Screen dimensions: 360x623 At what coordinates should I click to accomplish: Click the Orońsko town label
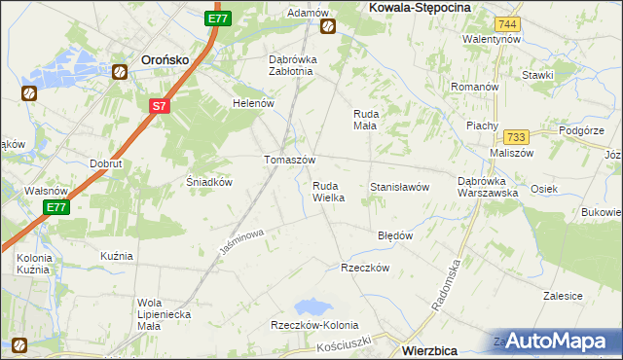[x=164, y=57]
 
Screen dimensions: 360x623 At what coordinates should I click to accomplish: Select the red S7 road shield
[x=161, y=106]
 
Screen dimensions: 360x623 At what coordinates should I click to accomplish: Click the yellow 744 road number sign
[x=505, y=22]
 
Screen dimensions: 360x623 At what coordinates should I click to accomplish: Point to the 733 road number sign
[x=516, y=137]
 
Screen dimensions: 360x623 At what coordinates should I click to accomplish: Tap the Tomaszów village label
[x=290, y=161]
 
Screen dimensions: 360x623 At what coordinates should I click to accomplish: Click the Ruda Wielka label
[x=328, y=192]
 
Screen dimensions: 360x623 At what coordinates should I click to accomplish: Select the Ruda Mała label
[x=366, y=120]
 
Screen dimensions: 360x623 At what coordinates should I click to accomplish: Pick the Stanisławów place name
[x=399, y=187]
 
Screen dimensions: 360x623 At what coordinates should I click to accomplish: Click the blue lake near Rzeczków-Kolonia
[x=312, y=309]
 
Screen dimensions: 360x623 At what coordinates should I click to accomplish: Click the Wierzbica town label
[x=437, y=345]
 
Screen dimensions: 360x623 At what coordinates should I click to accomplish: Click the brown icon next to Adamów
[x=328, y=26]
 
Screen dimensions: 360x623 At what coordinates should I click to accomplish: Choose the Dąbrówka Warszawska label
[x=488, y=186]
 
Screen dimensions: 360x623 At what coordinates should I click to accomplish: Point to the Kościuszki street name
[x=345, y=345]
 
